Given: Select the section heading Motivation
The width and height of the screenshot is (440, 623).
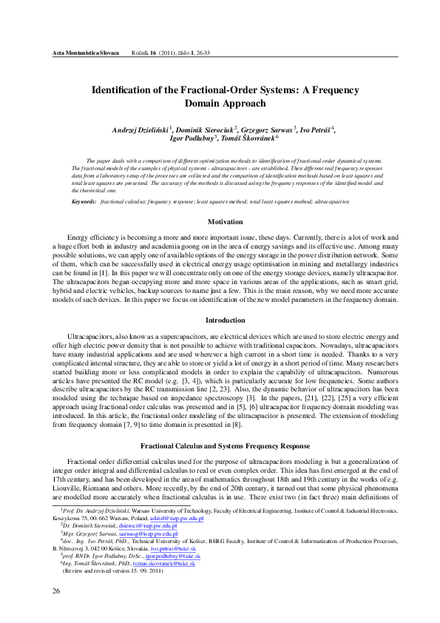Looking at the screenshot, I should point(226,222).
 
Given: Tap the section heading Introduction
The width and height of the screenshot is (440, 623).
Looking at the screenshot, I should point(226,320).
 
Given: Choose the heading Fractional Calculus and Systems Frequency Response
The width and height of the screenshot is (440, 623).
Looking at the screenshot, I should point(225,426).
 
